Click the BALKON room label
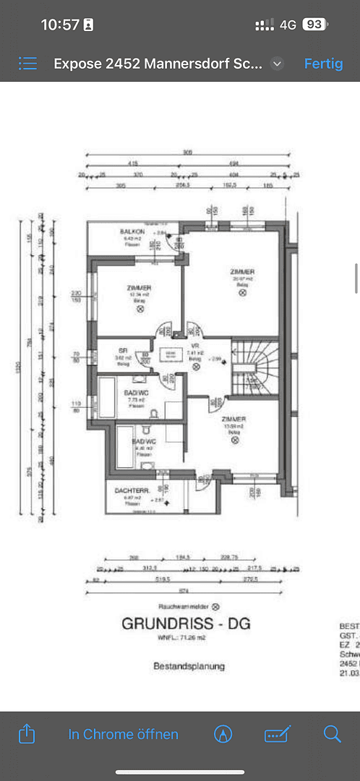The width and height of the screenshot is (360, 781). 132,231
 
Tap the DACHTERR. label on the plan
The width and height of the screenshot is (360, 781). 132,490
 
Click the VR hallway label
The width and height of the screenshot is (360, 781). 194,346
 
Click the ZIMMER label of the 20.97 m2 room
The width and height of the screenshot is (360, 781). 242,271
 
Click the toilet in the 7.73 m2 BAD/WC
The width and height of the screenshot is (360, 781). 154,413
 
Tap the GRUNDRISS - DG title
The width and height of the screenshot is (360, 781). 186,623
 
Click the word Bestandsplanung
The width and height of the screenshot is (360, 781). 189,665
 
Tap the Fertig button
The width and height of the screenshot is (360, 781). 323,64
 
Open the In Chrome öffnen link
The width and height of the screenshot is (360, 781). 123,734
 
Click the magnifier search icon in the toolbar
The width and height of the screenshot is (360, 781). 332,734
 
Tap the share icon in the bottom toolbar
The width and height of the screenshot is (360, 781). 26,734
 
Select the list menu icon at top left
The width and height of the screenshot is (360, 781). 27,64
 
